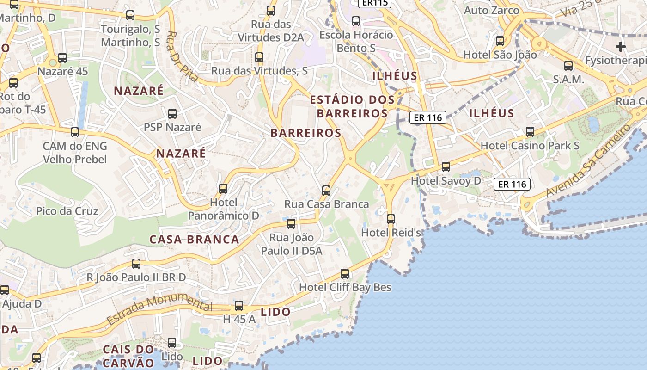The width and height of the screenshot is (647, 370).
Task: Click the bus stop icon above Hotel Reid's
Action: click(x=391, y=219)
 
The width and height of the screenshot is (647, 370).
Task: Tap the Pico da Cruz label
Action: click(x=67, y=211)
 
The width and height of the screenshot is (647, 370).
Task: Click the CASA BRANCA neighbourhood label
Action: click(x=194, y=239)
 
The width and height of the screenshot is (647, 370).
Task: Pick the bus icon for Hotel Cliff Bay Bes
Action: click(x=345, y=274)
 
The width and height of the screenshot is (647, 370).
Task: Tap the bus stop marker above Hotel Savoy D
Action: click(x=446, y=167)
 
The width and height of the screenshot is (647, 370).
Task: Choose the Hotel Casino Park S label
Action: click(x=530, y=146)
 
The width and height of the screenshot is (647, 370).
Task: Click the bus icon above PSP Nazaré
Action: click(x=172, y=113)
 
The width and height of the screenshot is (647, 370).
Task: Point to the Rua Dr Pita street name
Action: click(x=183, y=56)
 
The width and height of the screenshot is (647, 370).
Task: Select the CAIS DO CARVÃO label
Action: click(x=128, y=356)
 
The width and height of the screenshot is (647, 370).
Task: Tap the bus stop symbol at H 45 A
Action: click(x=239, y=306)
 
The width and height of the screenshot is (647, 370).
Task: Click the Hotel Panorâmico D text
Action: click(x=223, y=209)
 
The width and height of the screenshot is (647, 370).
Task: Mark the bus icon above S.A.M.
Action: click(x=568, y=66)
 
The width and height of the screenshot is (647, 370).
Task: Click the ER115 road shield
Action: click(x=374, y=3)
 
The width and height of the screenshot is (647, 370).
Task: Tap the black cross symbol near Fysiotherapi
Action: click(x=621, y=46)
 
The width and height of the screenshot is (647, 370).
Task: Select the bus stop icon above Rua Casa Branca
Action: click(x=326, y=190)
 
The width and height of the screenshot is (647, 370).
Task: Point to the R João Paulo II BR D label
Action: click(x=136, y=277)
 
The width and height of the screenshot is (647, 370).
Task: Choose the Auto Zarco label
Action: click(x=491, y=10)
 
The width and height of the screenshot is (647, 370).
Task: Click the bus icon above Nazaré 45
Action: click(x=62, y=58)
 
